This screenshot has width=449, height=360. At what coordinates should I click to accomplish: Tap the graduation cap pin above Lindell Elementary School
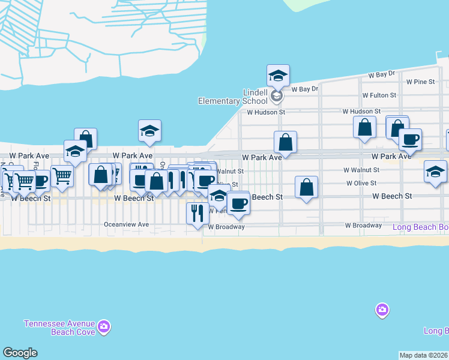[278, 76]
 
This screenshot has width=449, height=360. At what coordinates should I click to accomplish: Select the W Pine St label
[420, 82]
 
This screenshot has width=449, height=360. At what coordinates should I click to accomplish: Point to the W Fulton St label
[379, 95]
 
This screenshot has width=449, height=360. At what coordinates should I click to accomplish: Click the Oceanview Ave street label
[126, 224]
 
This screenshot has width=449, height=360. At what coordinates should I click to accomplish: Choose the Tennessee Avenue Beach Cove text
[59, 327]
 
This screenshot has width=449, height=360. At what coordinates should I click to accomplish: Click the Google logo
[20, 353]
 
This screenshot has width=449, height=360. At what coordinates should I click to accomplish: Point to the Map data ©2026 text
[424, 355]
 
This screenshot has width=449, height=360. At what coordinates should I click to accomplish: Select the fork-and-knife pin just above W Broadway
[198, 213]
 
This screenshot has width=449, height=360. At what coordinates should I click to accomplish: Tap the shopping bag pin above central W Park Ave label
[286, 142]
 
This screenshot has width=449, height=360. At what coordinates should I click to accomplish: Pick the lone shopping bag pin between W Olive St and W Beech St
[307, 187]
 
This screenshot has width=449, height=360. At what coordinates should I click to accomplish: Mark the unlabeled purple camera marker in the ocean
[382, 310]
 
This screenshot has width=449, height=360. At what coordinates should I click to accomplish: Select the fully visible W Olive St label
[361, 183]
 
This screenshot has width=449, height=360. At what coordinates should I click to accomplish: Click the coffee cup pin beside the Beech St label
[238, 203]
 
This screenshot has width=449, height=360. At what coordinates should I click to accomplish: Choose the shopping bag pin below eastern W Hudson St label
[364, 127]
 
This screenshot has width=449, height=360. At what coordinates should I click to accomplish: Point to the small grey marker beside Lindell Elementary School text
[277, 95]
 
